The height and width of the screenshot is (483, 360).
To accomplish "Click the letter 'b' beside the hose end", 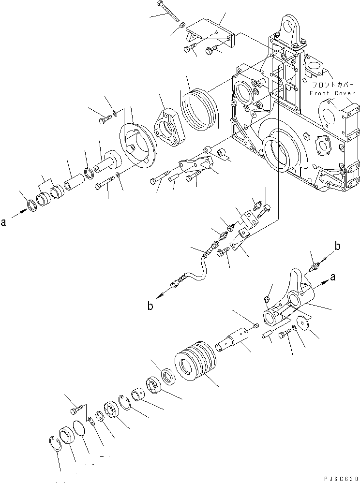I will pyautogui.click(x=151, y=306).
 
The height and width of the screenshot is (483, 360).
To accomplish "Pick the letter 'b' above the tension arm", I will pyautogui.click(x=338, y=247).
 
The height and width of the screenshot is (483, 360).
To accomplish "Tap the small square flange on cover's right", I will pyautogui.click(x=322, y=144).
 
